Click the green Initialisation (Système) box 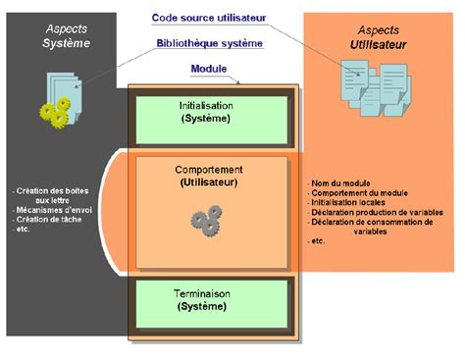click(211, 114)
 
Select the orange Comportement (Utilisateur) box click(211, 211)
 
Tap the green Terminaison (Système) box click(211, 300)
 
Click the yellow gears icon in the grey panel click(55, 110)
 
